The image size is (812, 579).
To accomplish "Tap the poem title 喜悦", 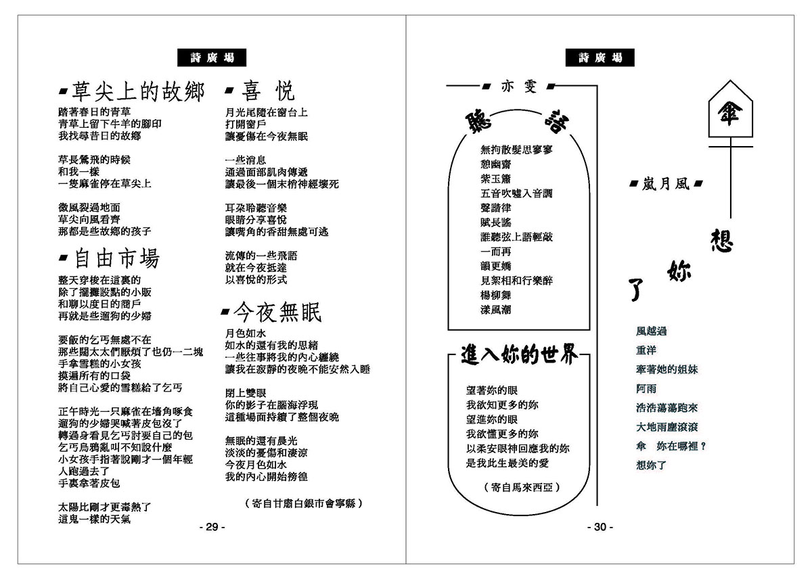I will (x=269, y=92).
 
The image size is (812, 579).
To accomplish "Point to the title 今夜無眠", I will (x=277, y=312).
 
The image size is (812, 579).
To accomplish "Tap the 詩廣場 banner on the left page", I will (x=211, y=58).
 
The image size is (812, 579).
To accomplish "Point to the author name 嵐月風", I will (x=666, y=183).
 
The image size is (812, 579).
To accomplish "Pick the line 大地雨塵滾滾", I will (x=667, y=427).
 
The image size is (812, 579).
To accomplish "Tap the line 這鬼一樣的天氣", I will (x=95, y=520).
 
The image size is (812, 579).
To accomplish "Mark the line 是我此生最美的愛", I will (x=507, y=463).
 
